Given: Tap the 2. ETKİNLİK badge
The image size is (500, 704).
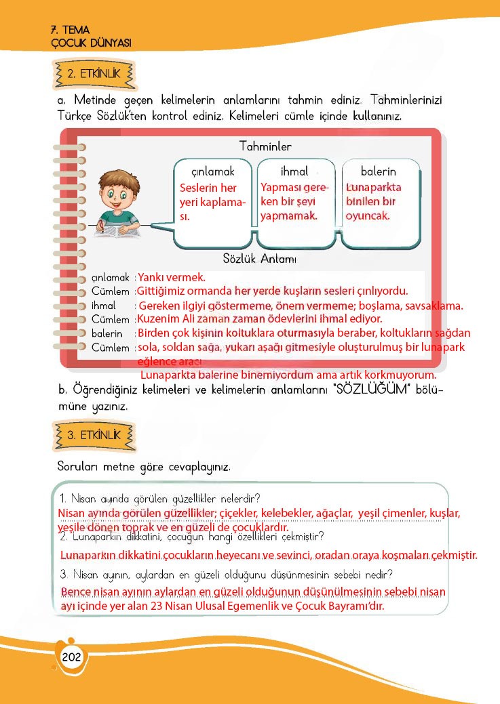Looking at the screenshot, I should pos(93,74).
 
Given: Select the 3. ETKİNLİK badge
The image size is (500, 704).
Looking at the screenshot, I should pos(93,436).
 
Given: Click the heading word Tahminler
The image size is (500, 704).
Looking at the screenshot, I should pos(265,146).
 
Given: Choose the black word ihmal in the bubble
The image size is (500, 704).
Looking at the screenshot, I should pos(294,171).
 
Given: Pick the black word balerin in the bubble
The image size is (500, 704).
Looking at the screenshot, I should pos(378,171).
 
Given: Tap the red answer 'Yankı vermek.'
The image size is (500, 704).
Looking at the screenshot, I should pos(171,277).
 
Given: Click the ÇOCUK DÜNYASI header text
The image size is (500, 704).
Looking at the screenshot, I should pos(91,42).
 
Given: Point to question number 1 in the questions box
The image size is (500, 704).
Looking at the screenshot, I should pos(63,499).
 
